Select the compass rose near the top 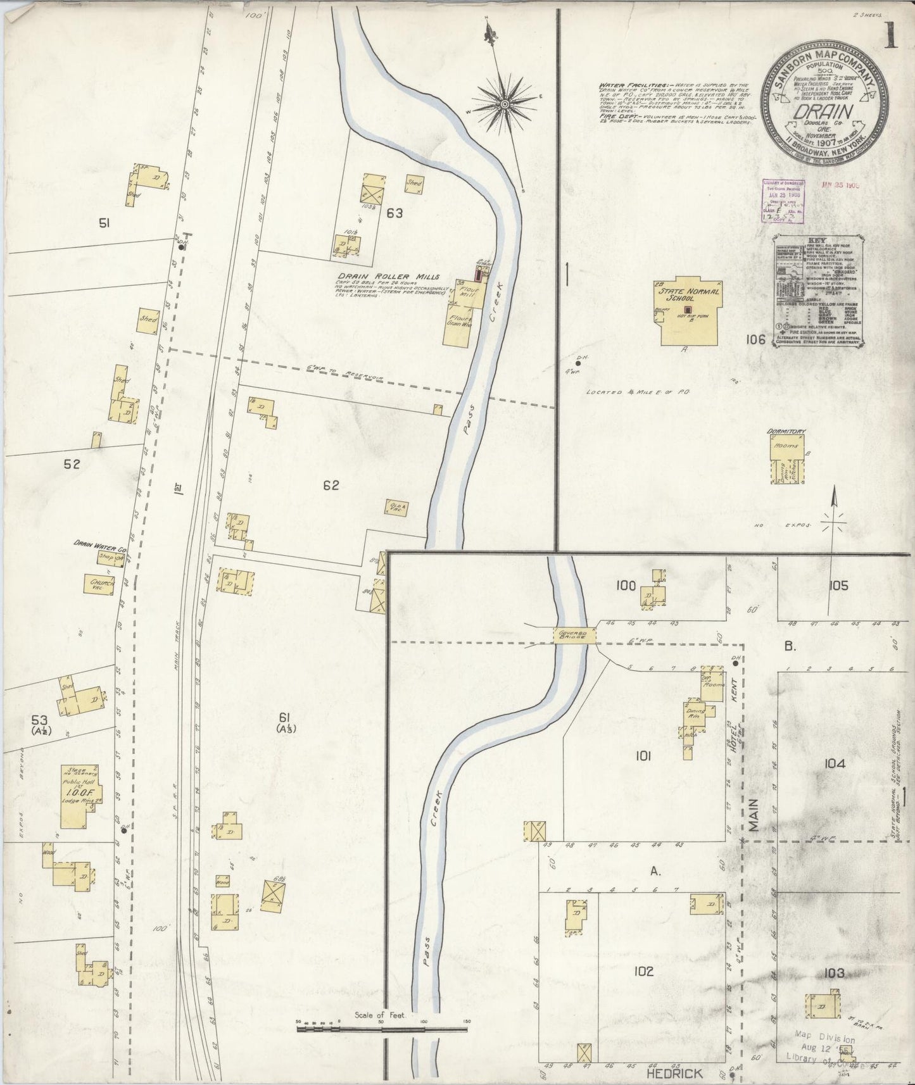(x=505, y=103)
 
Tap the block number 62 (x=331, y=486)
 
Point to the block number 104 (x=835, y=764)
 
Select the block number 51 (x=104, y=222)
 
